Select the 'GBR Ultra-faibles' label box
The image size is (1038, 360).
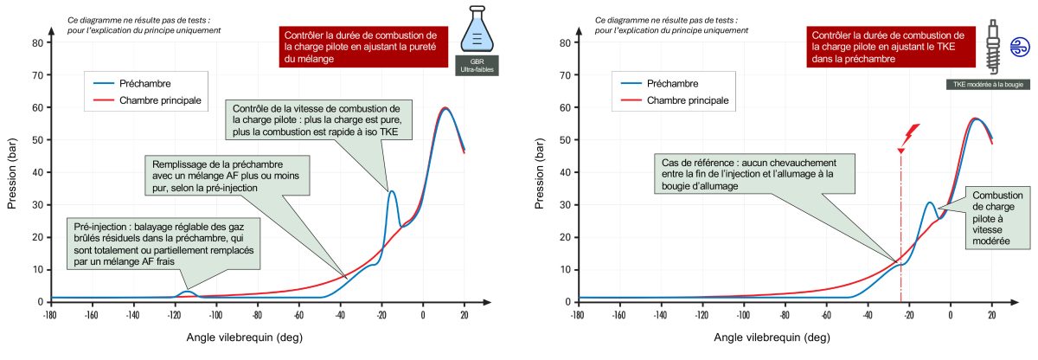pos(472,67)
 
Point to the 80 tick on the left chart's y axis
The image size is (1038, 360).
pos(37,42)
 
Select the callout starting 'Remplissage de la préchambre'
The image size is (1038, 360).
pos(217,175)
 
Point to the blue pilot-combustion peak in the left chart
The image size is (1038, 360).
pos(392,191)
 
